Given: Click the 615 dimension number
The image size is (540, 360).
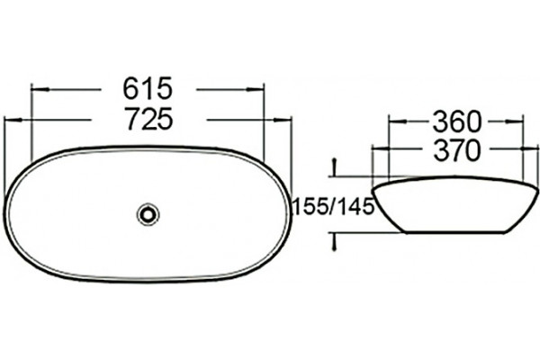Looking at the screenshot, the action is pos(148,88).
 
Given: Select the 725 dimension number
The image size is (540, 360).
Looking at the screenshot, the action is pos(148,119).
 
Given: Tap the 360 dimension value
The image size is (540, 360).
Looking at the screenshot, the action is pos(456,121).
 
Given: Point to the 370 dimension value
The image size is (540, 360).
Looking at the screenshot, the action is pos(456,150).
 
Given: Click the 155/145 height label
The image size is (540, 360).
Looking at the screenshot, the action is pos(333,207).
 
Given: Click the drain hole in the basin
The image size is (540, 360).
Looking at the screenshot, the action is pos(148,214).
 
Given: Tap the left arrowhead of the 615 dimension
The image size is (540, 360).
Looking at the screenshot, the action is pos(40,90).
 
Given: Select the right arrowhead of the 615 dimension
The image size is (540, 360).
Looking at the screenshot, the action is pos(255,90).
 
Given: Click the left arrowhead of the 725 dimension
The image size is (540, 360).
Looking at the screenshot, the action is pos(13,120).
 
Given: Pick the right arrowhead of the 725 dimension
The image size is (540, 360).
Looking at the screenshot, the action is pos(283,120).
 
